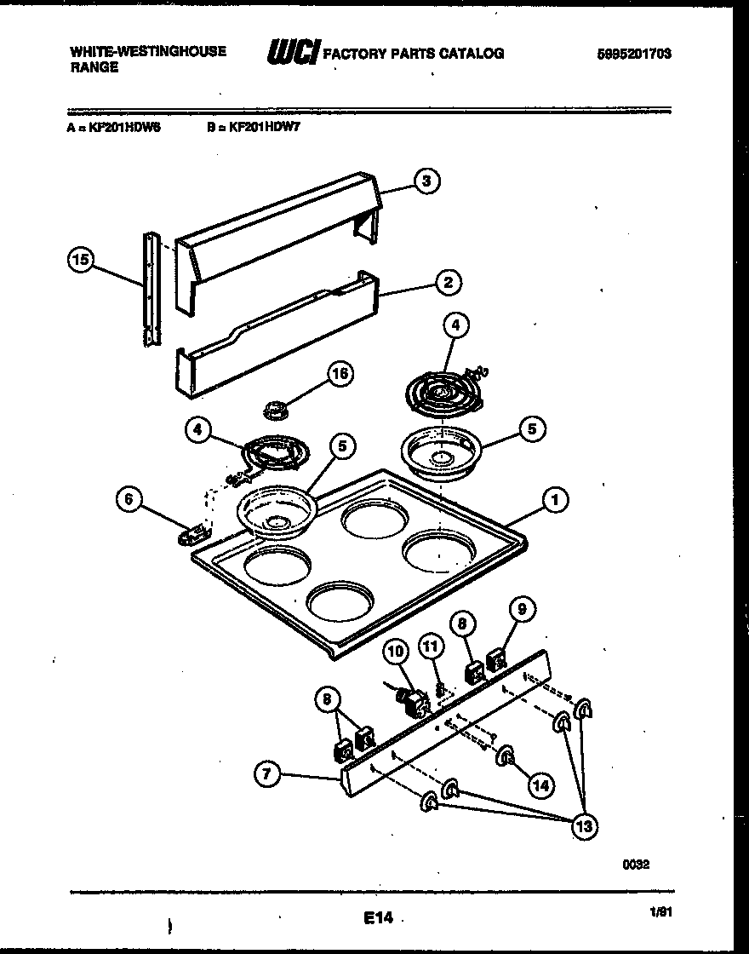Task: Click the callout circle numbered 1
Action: pyautogui.click(x=555, y=501)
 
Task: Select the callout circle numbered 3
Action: pyautogui.click(x=427, y=181)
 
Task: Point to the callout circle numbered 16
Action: pyautogui.click(x=340, y=374)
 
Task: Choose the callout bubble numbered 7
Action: pyautogui.click(x=267, y=774)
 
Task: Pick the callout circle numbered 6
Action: pyautogui.click(x=129, y=500)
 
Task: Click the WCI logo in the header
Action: pyautogui.click(x=293, y=54)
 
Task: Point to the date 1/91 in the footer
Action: pyautogui.click(x=660, y=911)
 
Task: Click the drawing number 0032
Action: pyautogui.click(x=636, y=864)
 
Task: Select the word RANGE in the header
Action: pyautogui.click(x=94, y=67)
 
